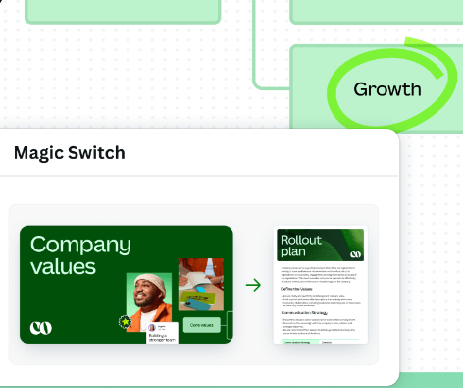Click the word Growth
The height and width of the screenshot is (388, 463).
click(387, 89)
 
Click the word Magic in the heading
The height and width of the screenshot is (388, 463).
click(37, 154)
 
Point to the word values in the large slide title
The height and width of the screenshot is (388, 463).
click(64, 266)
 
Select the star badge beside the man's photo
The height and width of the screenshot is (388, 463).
click(125, 321)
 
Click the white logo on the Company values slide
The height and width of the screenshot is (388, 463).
click(41, 327)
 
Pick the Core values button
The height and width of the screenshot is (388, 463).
click(201, 325)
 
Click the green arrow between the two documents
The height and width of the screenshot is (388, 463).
click(253, 285)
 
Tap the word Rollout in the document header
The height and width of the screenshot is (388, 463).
click(300, 240)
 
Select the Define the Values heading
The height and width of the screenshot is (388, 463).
click(300, 289)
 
